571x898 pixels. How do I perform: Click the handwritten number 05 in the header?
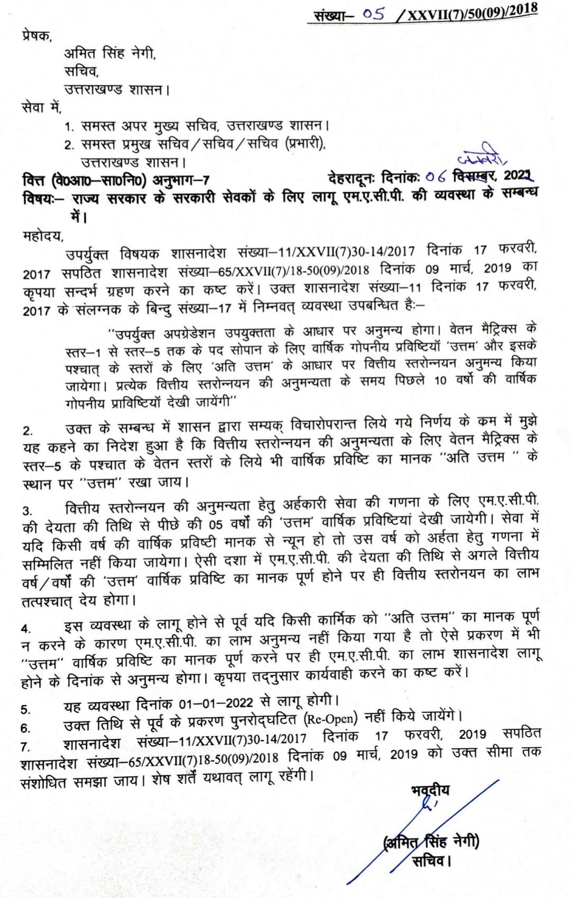pyautogui.click(x=373, y=14)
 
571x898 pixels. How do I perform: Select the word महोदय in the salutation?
pyautogui.click(x=42, y=235)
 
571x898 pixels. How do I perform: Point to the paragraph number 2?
pyautogui.click(x=27, y=431)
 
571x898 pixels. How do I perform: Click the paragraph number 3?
pyautogui.click(x=27, y=511)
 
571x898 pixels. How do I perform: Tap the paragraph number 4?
pyautogui.click(x=26, y=628)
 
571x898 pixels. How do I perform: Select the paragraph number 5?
pyautogui.click(x=26, y=709)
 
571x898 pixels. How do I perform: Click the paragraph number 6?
pyautogui.click(x=26, y=728)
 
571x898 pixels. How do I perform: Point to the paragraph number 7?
pyautogui.click(x=26, y=747)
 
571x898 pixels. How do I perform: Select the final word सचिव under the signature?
pyautogui.click(x=431, y=862)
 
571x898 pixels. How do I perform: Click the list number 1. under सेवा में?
pyautogui.click(x=69, y=127)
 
